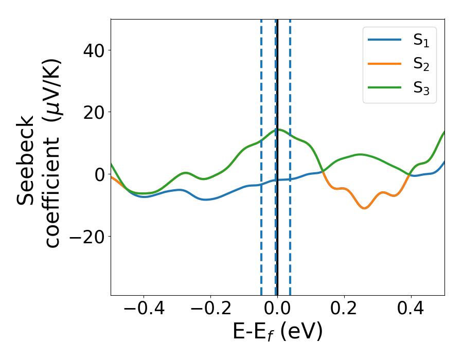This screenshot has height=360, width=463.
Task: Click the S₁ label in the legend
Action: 421,41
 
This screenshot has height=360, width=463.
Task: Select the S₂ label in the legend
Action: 421,64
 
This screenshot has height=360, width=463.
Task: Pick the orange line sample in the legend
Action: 385,64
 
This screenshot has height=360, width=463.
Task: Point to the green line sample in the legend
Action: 385,88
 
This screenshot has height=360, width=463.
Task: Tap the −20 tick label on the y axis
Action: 84,237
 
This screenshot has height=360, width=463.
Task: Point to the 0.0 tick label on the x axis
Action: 277,310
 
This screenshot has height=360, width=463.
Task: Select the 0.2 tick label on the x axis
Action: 344,310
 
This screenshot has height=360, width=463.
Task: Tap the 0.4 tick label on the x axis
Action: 411,310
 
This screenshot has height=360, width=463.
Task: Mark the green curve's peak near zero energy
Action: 277,130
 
